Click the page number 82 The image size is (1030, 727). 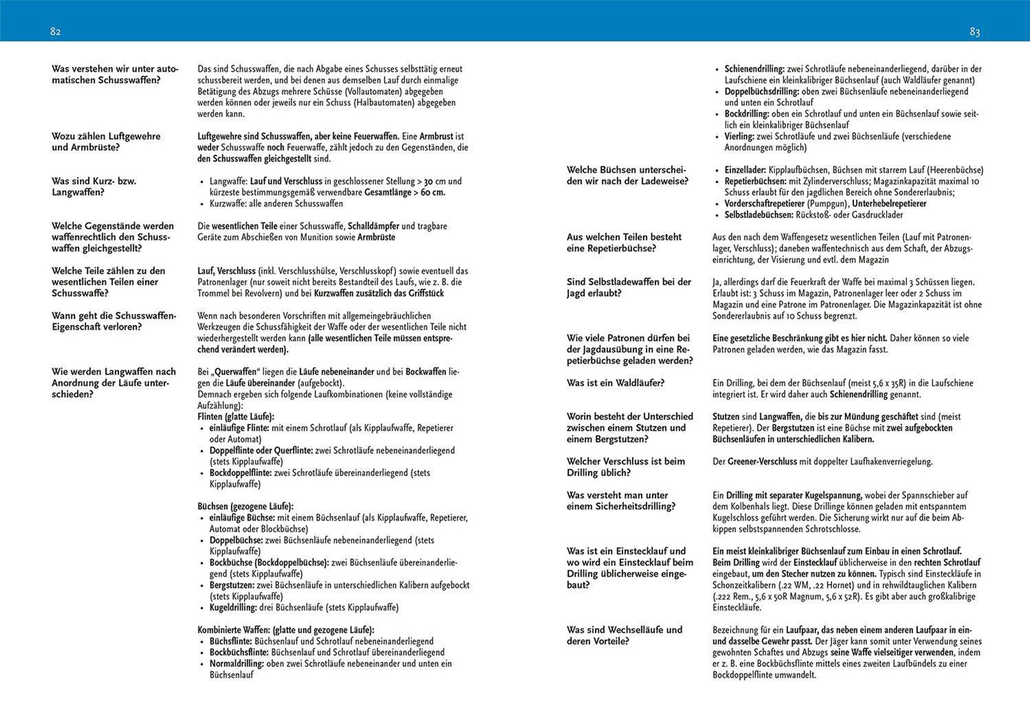[55, 31]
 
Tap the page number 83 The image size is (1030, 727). [974, 32]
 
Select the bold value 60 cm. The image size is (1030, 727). [432, 192]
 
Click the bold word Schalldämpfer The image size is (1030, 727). [373, 226]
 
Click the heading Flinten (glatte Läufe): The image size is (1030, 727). [236, 417]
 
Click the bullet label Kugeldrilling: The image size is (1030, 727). [233, 608]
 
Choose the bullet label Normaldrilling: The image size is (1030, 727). [237, 664]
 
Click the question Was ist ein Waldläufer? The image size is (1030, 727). [615, 383]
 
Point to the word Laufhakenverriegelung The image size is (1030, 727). [890, 461]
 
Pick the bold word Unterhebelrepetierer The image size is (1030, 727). [889, 203]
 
